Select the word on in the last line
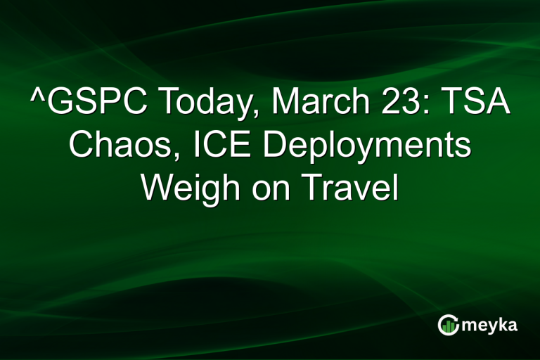pos(265,191)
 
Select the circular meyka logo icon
pos(448,325)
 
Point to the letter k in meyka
pos(503,324)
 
